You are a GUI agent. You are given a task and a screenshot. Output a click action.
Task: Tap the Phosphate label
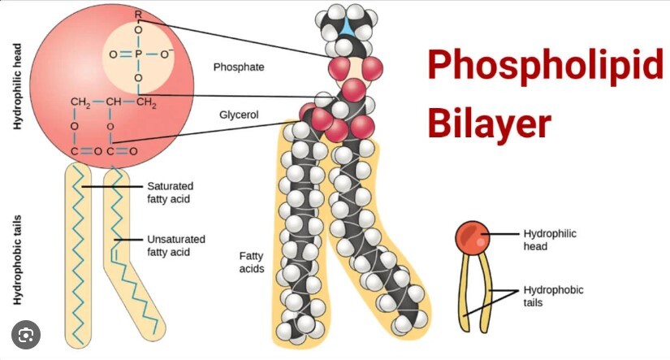[239, 67]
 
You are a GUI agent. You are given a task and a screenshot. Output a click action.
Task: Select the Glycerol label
[239, 115]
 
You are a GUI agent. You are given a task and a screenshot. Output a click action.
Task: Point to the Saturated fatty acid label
[169, 192]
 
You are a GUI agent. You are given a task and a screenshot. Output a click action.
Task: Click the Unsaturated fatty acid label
[175, 245]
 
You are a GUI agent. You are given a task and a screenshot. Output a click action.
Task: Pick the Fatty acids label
[251, 262]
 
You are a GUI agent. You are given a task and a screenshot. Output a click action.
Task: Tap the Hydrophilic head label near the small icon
[550, 240]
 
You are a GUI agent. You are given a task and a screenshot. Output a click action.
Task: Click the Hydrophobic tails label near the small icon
[553, 296]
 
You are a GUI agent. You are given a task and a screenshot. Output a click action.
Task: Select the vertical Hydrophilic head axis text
[17, 88]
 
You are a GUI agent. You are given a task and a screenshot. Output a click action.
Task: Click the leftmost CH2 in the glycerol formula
[80, 102]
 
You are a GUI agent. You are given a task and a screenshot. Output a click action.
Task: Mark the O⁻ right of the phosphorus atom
[168, 55]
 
